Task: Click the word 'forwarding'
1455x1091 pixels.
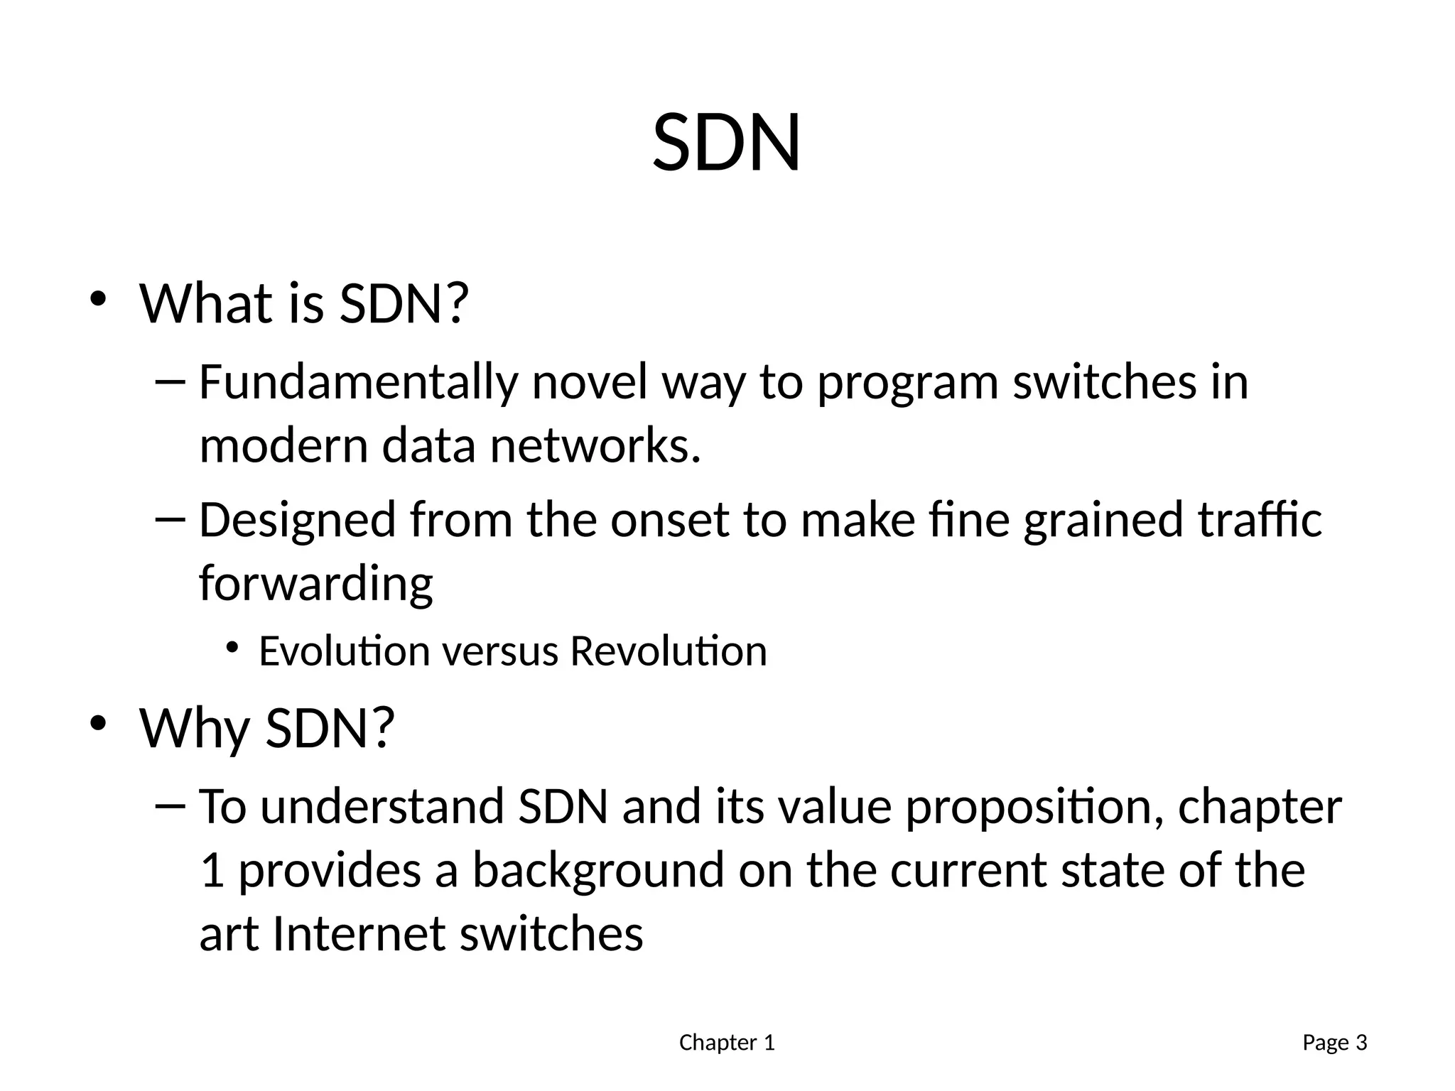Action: point(315,585)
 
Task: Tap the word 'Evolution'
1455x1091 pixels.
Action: point(345,651)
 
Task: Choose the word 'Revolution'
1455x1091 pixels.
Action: point(668,651)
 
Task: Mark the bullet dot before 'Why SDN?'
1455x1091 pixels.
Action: point(98,723)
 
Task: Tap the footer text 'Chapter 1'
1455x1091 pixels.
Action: point(727,1043)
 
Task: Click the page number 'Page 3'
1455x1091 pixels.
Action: point(1334,1043)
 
